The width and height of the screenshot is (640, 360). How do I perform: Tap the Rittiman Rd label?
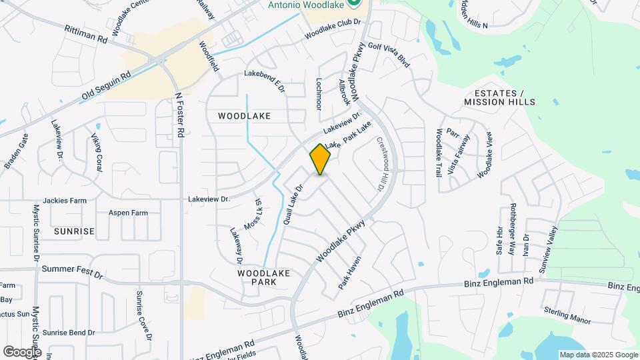tap(86, 35)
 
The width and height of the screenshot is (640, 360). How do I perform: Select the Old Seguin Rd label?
tap(107, 87)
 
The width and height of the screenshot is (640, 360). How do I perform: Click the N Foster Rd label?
tap(179, 115)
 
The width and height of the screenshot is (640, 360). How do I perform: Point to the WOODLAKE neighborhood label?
tap(244, 115)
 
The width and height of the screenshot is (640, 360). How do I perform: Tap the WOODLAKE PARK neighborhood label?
tap(255, 277)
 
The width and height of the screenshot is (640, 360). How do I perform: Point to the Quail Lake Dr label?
tap(293, 203)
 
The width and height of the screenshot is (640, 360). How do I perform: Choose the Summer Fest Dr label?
tap(72, 273)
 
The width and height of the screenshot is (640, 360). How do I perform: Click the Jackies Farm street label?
tap(65, 200)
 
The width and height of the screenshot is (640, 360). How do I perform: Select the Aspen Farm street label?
tap(128, 213)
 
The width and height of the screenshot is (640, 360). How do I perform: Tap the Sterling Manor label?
tap(567, 316)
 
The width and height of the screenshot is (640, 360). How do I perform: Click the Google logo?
tap(22, 351)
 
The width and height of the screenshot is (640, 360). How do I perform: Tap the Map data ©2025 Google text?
tap(598, 355)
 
